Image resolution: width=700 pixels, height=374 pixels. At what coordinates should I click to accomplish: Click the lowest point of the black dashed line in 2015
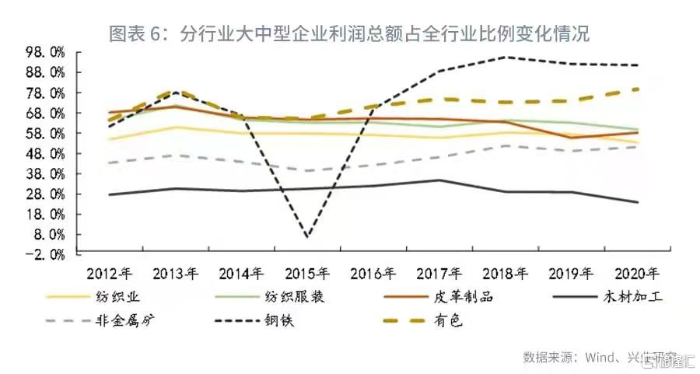point(306,236)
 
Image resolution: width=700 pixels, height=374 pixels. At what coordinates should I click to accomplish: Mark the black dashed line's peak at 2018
point(506,57)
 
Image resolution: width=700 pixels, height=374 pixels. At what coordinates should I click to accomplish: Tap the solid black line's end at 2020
point(638,202)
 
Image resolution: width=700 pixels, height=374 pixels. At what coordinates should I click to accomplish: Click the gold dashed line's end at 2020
point(638,89)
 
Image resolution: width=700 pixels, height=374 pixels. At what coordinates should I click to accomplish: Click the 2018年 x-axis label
point(506,274)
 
